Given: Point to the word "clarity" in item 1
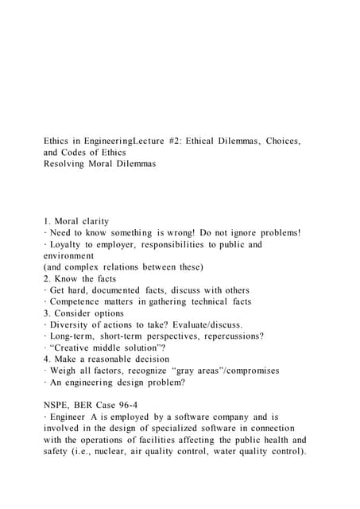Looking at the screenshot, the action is [103, 221].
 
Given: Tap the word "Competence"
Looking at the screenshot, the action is [80, 301].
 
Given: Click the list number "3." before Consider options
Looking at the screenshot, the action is [48, 313].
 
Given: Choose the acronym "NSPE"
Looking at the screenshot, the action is [59, 405].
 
